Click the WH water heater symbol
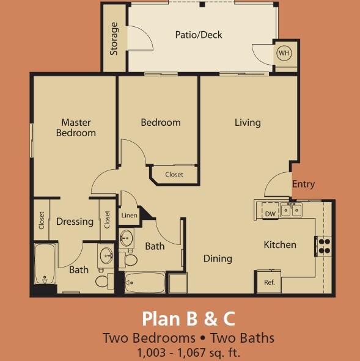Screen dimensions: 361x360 284,53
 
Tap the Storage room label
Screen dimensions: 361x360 114,40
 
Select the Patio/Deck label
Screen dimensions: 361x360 198,35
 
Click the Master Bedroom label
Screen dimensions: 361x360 76,128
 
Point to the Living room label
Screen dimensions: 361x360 248,122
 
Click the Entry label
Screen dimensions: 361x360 303,184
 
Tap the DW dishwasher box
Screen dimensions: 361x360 270,213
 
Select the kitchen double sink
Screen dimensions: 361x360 291,211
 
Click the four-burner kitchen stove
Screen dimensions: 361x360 323,245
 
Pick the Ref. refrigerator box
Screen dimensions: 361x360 269,282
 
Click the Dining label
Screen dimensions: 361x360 218,258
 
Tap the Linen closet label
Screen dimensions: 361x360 129,215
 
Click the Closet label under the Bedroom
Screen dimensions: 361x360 174,175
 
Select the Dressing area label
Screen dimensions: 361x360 75,222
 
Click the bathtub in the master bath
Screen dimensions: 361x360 45,264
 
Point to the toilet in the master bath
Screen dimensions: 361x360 103,281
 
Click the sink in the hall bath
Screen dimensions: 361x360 127,238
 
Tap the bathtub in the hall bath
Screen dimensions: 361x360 145,283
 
